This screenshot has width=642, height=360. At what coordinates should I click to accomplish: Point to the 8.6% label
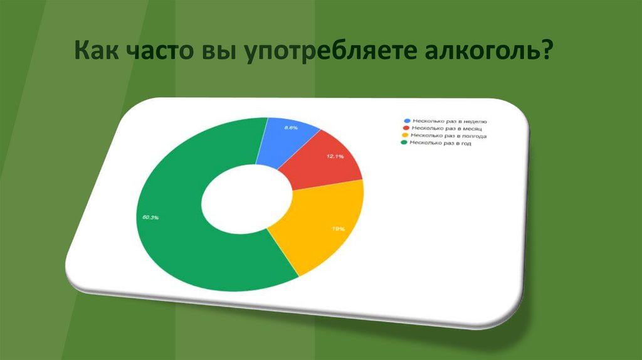coord(290,127)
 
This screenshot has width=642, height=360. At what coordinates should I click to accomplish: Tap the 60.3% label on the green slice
coord(150,218)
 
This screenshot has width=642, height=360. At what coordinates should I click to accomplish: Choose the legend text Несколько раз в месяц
coord(446,128)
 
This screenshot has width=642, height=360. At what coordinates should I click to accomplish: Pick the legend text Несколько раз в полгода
coord(448,135)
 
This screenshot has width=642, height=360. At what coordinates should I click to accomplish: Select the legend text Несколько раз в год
coord(439,143)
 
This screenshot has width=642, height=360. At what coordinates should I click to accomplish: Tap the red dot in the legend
coord(406,128)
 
